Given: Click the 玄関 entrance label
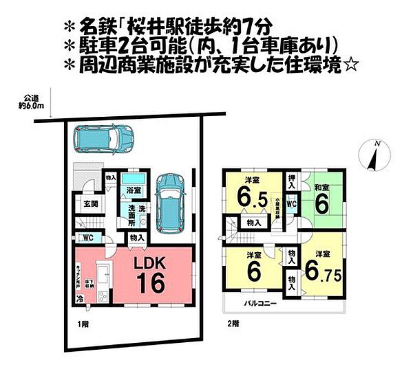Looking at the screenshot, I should [91, 203].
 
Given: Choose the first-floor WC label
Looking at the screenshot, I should [87, 238].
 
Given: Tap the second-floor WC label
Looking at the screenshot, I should [292, 204].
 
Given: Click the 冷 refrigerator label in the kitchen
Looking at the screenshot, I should [81, 298].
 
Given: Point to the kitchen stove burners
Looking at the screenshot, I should [103, 295].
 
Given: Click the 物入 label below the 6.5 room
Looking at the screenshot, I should [253, 223].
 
